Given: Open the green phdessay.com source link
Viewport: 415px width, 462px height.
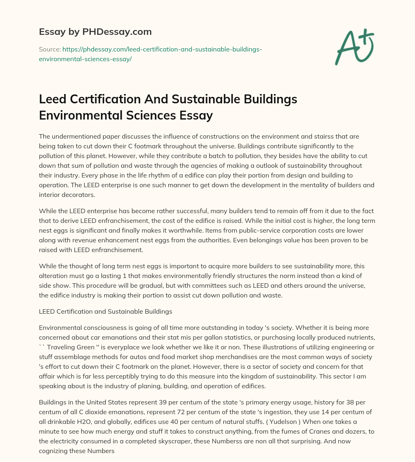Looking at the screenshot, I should [151, 54].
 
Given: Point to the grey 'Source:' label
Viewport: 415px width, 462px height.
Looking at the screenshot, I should [49, 49].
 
